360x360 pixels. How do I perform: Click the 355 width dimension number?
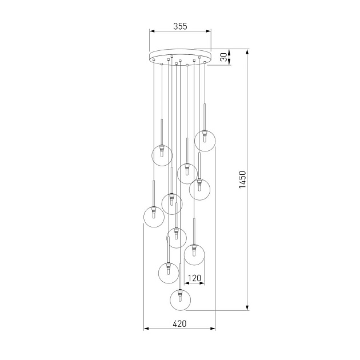(x=180, y=26)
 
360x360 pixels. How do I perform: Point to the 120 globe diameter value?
(x=195, y=278)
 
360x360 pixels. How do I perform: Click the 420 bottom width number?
(x=179, y=323)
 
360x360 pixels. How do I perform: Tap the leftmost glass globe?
(x=154, y=217)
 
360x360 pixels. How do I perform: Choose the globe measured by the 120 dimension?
(x=195, y=254)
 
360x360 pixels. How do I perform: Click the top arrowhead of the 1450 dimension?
(x=247, y=52)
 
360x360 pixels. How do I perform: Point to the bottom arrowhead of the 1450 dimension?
(x=247, y=309)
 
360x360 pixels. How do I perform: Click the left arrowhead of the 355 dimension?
(x=151, y=32)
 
